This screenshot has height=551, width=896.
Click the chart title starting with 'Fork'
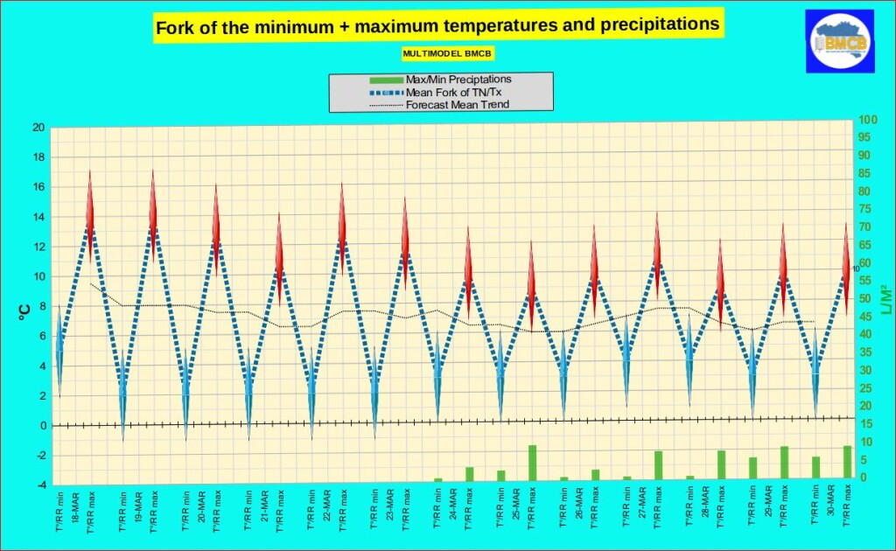(437, 27)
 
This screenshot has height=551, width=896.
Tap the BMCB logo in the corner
(839, 41)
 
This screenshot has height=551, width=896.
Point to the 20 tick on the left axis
(38, 128)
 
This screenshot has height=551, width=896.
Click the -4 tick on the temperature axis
(38, 485)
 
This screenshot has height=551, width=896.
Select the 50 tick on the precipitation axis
(864, 298)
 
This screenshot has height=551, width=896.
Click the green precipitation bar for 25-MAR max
(532, 463)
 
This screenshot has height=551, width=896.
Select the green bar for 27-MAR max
(658, 465)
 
